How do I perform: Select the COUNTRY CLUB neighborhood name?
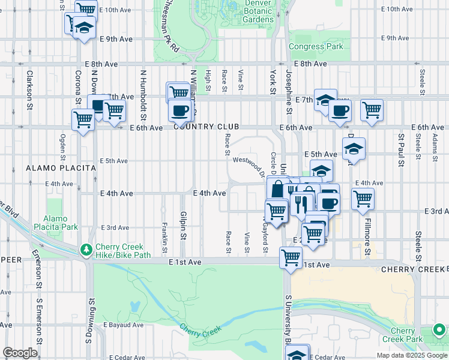pos(206,127)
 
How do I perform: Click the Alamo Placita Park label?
pos(61,223)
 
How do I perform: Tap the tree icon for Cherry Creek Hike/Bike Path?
pos(87,248)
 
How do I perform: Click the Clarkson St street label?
pos(29,90)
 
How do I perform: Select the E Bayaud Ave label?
pos(123,325)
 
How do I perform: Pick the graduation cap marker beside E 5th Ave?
pos(354,148)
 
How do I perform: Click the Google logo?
pos(20,353)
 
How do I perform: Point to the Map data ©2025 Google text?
pos(411,355)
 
